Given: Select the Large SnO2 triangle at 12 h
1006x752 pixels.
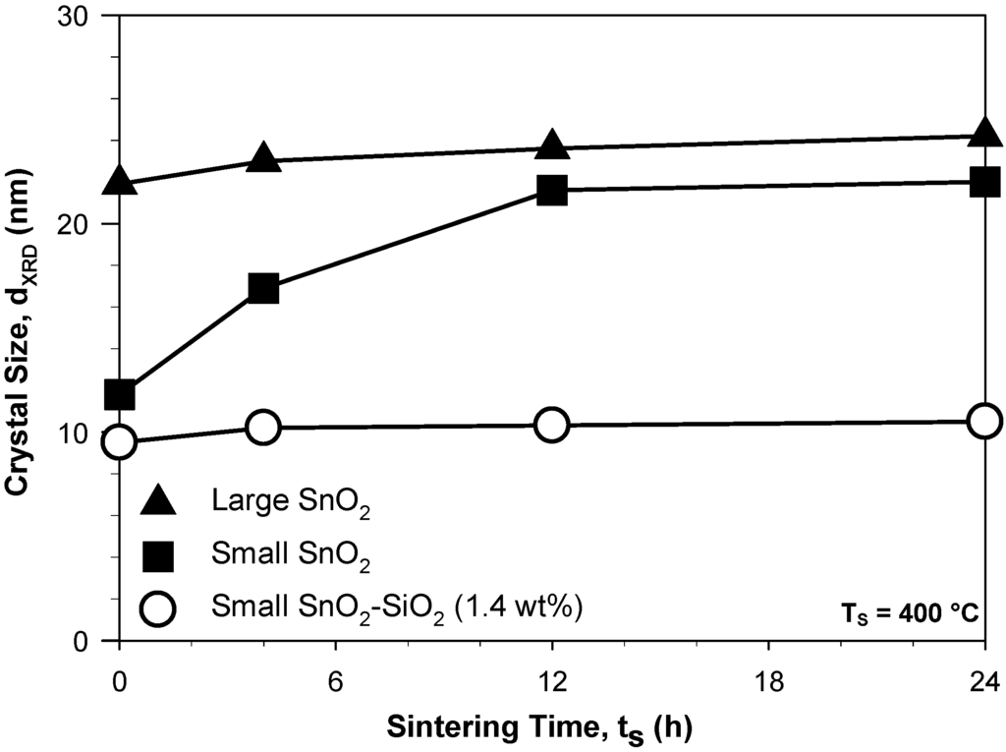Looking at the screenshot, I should tap(552, 146).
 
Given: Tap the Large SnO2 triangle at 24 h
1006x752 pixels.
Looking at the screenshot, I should tap(984, 133).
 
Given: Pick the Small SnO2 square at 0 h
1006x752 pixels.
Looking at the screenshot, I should tap(119, 395).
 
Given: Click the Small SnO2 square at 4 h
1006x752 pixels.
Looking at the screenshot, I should tap(263, 289).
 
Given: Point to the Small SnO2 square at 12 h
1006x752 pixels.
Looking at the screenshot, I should tap(552, 190).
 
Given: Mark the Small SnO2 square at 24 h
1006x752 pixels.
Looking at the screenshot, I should tap(984, 182).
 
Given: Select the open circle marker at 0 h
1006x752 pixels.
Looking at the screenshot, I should tap(119, 442).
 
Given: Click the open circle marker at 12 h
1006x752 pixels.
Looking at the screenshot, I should tap(552, 425).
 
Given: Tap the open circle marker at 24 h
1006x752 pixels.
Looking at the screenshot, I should tap(984, 421).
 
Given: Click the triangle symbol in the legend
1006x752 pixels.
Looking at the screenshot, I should tap(158, 502).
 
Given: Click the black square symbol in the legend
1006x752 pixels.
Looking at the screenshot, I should tap(158, 556).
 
